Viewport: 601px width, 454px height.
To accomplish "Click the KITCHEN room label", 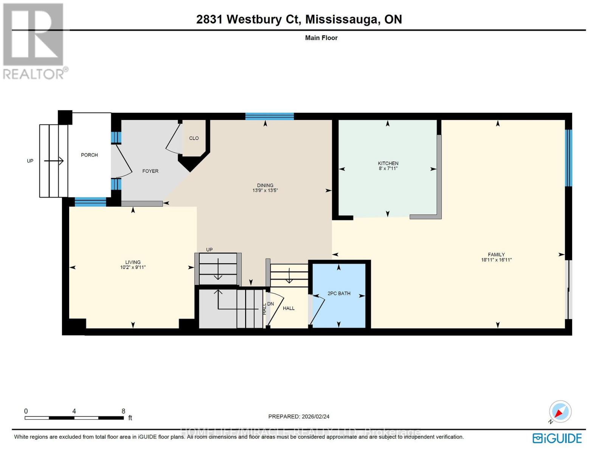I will tap(388, 163).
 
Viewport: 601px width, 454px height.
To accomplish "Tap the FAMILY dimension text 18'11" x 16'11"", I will tap(496, 260).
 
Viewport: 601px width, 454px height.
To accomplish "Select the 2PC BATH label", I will tap(339, 293).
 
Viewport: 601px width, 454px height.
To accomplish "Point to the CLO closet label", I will tap(194, 138).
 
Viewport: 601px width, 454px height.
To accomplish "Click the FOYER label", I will tap(150, 171).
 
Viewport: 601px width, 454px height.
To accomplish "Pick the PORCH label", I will tap(89, 155).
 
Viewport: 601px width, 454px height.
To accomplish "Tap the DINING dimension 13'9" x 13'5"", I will tap(265, 191).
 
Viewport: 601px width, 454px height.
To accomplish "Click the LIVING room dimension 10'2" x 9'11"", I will tap(133, 267).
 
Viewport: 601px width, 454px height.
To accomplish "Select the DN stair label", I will tap(270, 304).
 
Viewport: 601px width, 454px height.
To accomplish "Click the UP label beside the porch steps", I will tap(30, 161).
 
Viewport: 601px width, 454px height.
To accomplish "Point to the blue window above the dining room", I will tap(269, 116).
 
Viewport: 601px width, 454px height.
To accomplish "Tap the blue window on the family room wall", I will tap(568, 158).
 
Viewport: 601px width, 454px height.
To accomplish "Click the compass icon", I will tap(560, 412).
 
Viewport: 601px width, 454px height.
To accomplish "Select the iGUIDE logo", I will tap(557, 438).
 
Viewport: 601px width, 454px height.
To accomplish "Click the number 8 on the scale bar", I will tap(123, 411).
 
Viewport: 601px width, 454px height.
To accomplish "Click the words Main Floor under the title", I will tap(321, 38).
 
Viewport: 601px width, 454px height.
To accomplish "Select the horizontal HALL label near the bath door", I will tap(289, 308).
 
